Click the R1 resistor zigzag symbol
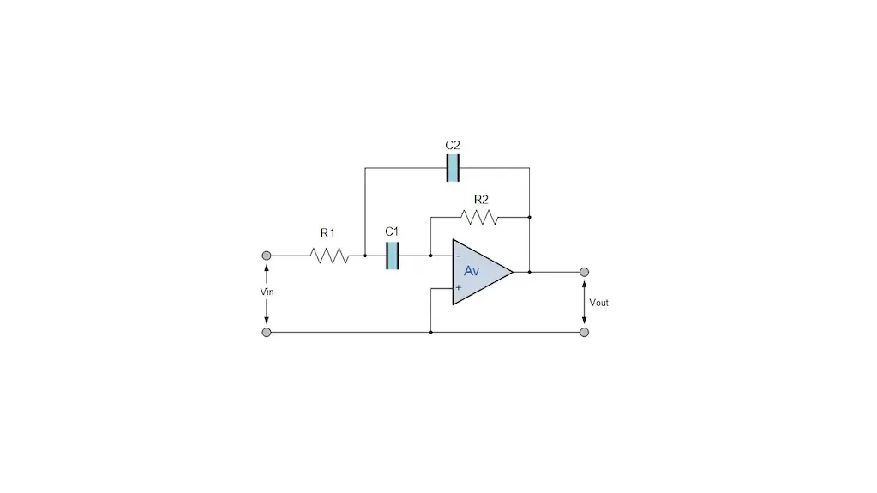329,256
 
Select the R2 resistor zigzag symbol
479,217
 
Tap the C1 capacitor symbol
393,256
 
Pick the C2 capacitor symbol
453,168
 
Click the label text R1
327,233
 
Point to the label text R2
481,199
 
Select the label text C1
392,231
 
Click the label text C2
453,145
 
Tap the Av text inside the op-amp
472,271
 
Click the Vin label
267,292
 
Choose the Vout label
598,303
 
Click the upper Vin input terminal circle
267,256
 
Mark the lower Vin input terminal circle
267,333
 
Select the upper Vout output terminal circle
584,272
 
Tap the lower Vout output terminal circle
584,333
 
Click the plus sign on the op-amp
458,287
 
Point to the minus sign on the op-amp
458,256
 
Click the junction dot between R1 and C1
365,256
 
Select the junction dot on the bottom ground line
430,333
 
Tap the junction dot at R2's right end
529,217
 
